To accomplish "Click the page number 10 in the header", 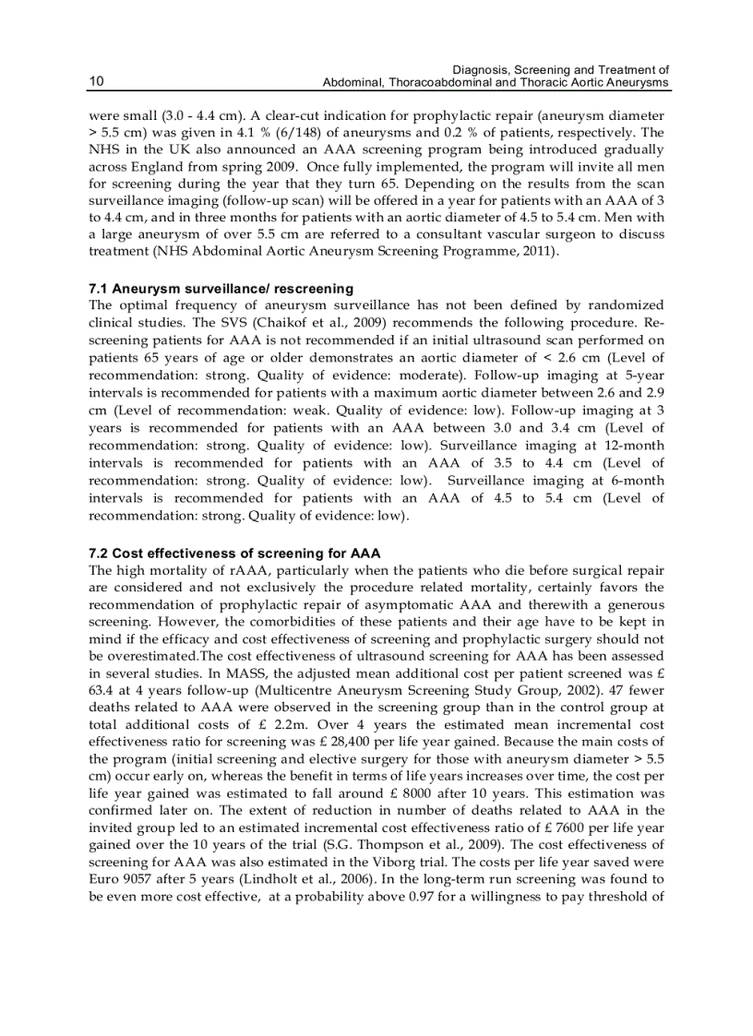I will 95,82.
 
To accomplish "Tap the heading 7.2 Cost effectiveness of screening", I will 234,554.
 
